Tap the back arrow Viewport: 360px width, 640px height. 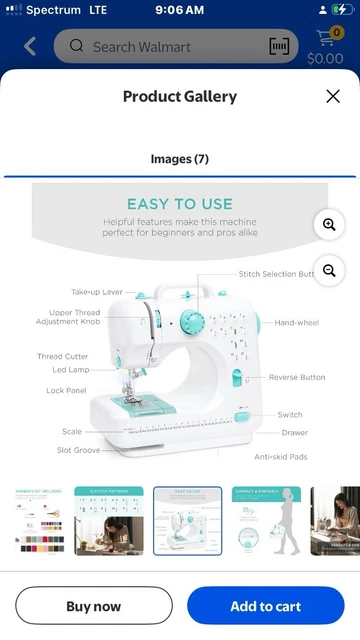coord(30,46)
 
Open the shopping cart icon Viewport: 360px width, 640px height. coord(326,40)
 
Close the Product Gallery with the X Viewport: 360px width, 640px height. coord(333,96)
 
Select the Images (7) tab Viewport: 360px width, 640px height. coord(180,159)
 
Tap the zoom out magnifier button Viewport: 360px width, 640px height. coord(329,271)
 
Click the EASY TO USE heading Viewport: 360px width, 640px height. coord(180,204)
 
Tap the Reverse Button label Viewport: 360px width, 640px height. coord(297,377)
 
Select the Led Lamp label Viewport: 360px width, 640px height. coord(71,370)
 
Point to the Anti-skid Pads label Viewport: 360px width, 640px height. coord(281,456)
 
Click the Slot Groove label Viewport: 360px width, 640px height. coord(78,450)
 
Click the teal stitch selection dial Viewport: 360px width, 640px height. coord(191,321)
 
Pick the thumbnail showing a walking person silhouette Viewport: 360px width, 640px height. coord(266,521)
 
